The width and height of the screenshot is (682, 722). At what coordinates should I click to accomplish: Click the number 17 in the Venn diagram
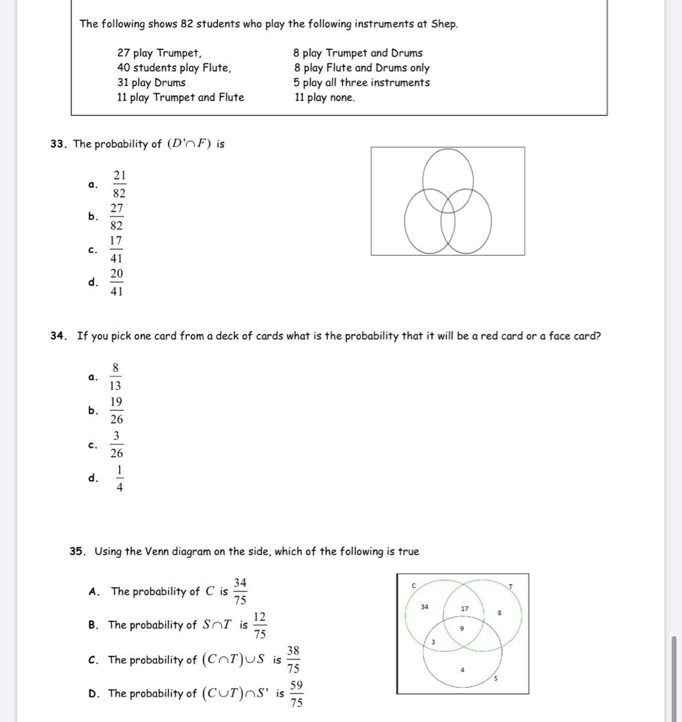[x=465, y=609]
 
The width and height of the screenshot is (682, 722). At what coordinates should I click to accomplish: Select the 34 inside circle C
[x=424, y=607]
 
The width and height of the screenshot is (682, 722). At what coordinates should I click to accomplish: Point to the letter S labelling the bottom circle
[x=496, y=679]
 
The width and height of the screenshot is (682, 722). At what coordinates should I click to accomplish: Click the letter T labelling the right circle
[x=510, y=586]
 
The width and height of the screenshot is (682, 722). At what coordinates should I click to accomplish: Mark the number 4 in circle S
[x=462, y=670]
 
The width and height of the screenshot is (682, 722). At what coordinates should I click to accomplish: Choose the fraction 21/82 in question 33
[x=119, y=184]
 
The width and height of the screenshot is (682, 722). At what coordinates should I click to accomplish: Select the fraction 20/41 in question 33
[x=117, y=282]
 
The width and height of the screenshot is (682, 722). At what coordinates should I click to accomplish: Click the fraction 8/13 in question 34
[x=116, y=377]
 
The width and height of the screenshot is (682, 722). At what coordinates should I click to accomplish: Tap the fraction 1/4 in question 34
[x=119, y=478]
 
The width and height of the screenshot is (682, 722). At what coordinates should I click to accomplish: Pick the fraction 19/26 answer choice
[x=116, y=410]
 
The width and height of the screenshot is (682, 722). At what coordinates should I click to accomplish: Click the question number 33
[x=57, y=144]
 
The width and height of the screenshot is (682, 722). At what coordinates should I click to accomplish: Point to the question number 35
[x=76, y=551]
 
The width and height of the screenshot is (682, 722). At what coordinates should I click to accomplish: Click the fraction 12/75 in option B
[x=260, y=625]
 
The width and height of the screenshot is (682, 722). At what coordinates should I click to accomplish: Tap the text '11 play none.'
[x=324, y=97]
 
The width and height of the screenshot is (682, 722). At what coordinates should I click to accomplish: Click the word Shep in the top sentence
[x=444, y=24]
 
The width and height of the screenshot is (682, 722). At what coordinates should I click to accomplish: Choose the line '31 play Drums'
[x=151, y=82]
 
